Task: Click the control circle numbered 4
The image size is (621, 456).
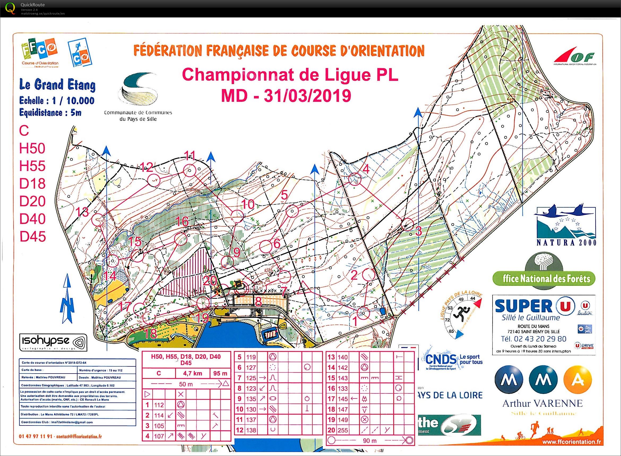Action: pyautogui.click(x=355, y=180)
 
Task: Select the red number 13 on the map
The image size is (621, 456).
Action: pyautogui.click(x=82, y=212)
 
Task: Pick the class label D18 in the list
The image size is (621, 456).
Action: pyautogui.click(x=32, y=183)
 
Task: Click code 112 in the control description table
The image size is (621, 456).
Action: pyautogui.click(x=159, y=405)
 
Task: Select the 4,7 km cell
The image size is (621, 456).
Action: pyautogui.click(x=193, y=374)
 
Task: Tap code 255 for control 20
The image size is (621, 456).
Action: pyautogui.click(x=343, y=430)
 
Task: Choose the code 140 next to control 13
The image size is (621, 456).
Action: pyautogui.click(x=343, y=357)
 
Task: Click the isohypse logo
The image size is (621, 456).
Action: pyautogui.click(x=53, y=343)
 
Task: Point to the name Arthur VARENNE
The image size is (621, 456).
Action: pyautogui.click(x=542, y=404)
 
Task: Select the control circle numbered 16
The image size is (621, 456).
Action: pyautogui.click(x=181, y=238)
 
